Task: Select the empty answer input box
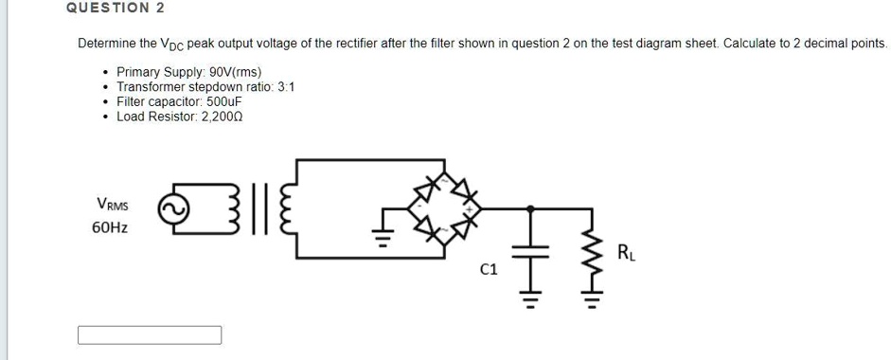coord(150,335)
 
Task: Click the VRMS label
coord(113,204)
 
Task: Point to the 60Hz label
coord(111,227)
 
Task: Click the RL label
coord(626,252)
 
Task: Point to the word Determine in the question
coord(107,44)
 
